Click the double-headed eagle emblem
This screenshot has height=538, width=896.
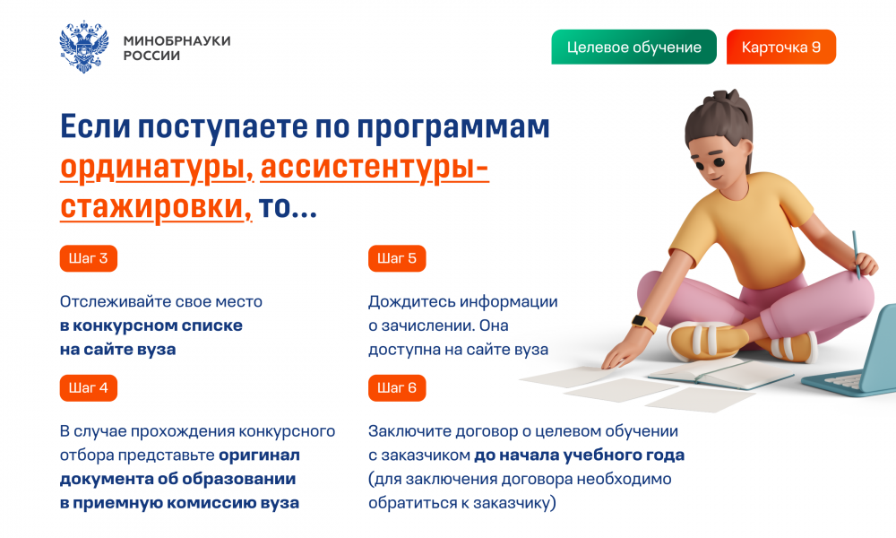pos(84,47)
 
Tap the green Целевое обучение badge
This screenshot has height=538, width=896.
pos(633,47)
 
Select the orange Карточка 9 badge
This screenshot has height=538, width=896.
pos(781,47)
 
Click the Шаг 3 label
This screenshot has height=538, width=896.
pos(89,258)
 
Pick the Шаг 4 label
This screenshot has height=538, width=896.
pos(89,388)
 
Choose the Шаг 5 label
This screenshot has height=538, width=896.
pos(397,258)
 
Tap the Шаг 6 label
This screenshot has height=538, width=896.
pos(397,388)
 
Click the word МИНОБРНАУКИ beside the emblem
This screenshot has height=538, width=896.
pos(177,40)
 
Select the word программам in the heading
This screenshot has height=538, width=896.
pos(453,128)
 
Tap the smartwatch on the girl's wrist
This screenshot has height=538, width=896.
pos(644,322)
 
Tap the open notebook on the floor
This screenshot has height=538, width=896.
pos(720,373)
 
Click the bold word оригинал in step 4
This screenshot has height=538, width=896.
pos(260,456)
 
